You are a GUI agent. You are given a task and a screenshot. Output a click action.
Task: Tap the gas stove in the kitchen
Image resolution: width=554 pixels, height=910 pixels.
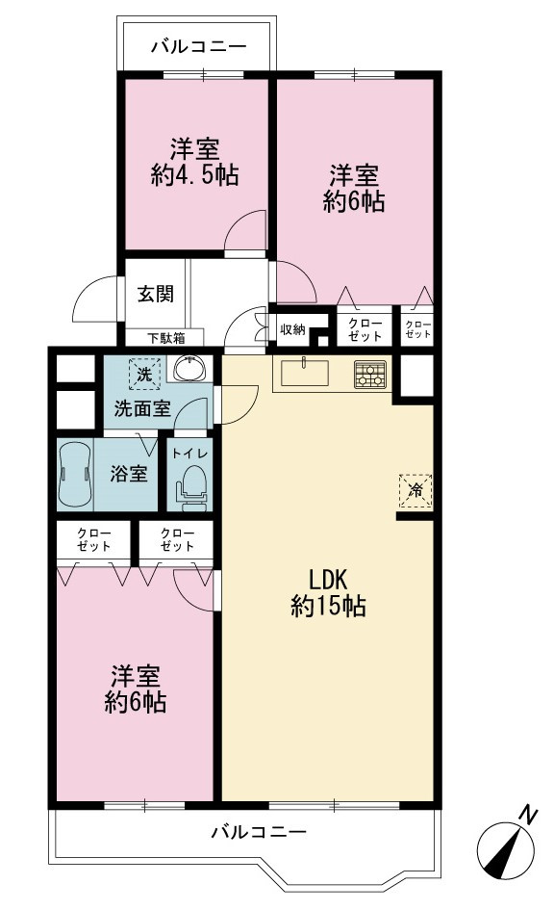tap(369, 375)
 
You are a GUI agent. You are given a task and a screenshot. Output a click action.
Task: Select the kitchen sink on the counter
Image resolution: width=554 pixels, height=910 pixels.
tap(305, 373)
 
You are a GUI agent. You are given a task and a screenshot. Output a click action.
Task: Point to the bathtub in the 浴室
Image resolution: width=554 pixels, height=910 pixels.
tap(75, 474)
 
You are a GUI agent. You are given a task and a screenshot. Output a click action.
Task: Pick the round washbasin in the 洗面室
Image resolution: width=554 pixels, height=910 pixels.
tap(189, 368)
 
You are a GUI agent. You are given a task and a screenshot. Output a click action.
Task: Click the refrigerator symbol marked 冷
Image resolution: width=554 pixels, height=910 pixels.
tap(415, 490)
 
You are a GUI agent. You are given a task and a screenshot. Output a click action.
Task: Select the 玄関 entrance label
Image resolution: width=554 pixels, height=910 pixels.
tap(155, 294)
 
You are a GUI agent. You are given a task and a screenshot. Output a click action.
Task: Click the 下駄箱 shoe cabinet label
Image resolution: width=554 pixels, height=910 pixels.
tap(165, 338)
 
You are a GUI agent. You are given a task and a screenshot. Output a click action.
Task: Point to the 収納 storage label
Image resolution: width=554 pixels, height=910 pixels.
tap(292, 329)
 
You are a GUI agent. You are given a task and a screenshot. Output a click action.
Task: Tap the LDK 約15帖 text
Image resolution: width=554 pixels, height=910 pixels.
tap(328, 592)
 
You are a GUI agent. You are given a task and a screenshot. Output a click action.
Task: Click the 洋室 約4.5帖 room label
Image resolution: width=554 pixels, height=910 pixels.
tap(194, 162)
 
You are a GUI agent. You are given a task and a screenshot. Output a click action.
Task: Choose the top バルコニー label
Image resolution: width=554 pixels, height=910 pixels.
tap(199, 46)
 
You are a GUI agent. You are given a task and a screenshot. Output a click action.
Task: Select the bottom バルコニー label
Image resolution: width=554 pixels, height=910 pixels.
tap(259, 833)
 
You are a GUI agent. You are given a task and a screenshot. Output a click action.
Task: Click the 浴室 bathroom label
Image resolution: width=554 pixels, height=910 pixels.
tap(129, 474)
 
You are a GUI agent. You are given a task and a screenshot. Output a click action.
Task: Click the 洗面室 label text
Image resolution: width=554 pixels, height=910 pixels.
tap(142, 408)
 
